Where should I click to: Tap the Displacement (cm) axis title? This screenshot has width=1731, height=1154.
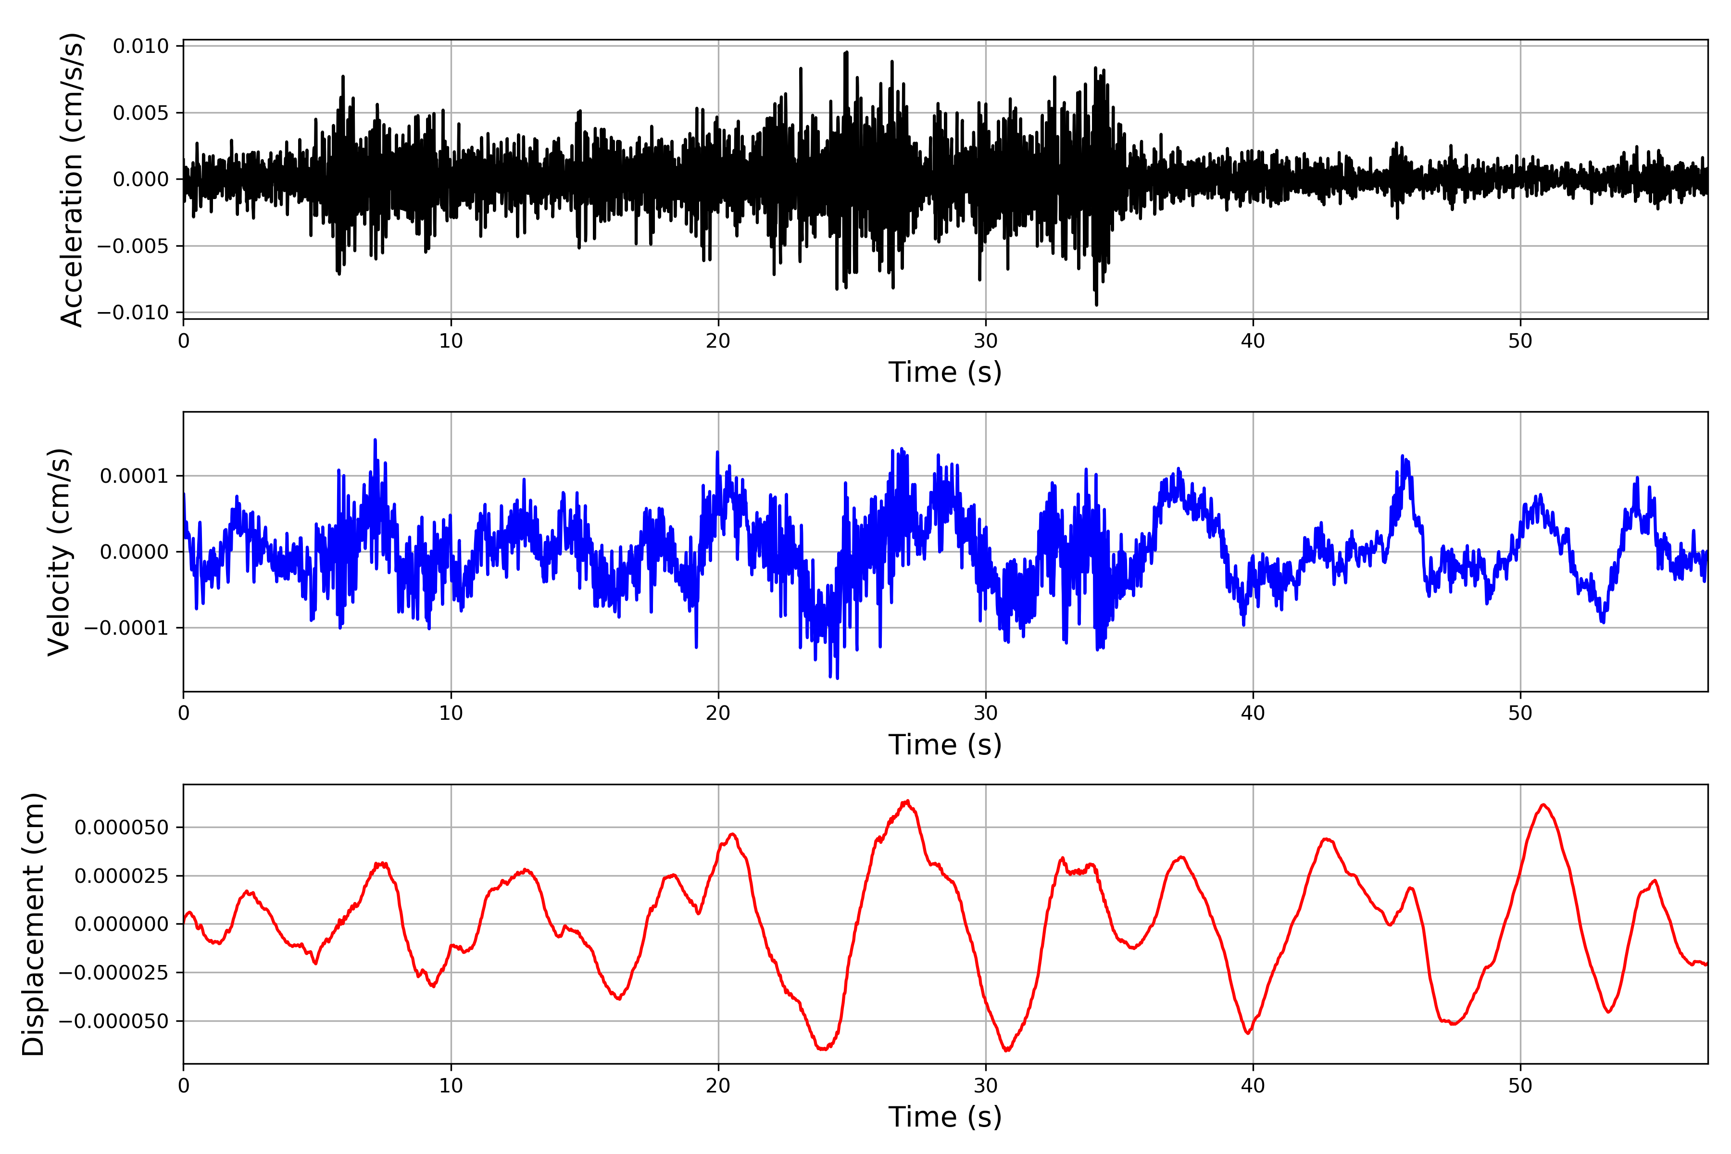[x=33, y=924]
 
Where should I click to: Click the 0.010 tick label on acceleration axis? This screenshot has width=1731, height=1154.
[x=140, y=46]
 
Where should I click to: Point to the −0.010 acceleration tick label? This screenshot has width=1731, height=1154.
[x=133, y=313]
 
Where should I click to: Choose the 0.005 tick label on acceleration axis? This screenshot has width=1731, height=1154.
[x=140, y=113]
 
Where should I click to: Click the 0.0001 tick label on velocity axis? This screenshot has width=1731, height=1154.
[x=134, y=476]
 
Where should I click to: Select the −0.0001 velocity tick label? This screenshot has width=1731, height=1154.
[x=126, y=628]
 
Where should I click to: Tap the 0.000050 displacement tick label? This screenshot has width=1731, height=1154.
[x=122, y=827]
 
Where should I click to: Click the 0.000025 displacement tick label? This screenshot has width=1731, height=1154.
[x=122, y=876]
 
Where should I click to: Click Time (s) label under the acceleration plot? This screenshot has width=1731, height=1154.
[x=945, y=372]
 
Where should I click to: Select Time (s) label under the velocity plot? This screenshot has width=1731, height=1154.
[x=945, y=745]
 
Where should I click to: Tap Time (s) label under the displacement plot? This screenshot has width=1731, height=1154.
[x=945, y=1117]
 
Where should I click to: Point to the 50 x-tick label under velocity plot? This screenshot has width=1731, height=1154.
[x=1520, y=713]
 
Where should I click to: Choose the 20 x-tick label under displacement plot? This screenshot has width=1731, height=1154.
[x=718, y=1086]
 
